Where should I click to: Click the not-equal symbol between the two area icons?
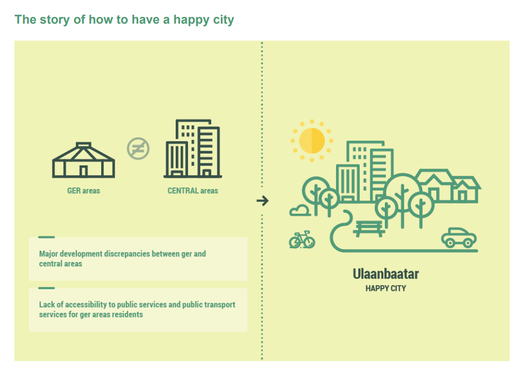point(138,148)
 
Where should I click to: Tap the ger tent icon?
point(84,160)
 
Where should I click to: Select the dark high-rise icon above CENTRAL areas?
point(193,148)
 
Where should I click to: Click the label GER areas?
point(84,191)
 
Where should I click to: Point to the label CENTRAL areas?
point(193,191)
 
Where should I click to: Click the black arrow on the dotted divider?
point(263,201)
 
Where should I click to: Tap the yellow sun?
point(312,141)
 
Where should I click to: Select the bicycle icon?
point(302,240)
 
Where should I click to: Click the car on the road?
point(459,237)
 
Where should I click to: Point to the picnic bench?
point(369,229)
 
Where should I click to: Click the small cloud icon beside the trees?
point(300,211)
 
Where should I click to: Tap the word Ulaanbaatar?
point(386,274)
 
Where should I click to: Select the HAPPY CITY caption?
point(386,289)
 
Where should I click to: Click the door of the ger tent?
point(84,171)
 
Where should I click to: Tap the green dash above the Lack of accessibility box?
point(47,288)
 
